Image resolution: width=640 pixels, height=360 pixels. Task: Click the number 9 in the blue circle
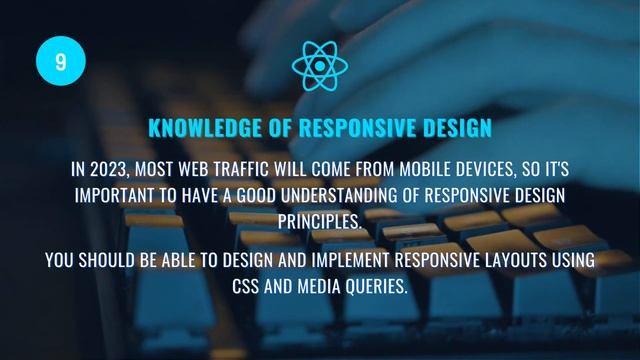[x=61, y=62]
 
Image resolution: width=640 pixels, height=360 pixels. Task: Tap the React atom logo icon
[x=319, y=63]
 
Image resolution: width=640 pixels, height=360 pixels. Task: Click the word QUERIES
[x=381, y=287]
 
